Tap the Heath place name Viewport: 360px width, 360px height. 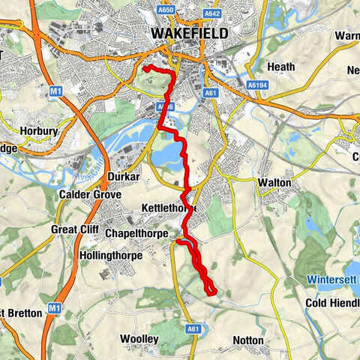tap(281, 67)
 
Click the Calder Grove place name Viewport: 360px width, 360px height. tap(91, 193)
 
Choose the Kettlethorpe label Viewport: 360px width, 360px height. tap(168, 207)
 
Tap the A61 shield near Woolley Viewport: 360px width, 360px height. tap(194, 328)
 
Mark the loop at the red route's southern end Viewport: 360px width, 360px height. tap(210, 287)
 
